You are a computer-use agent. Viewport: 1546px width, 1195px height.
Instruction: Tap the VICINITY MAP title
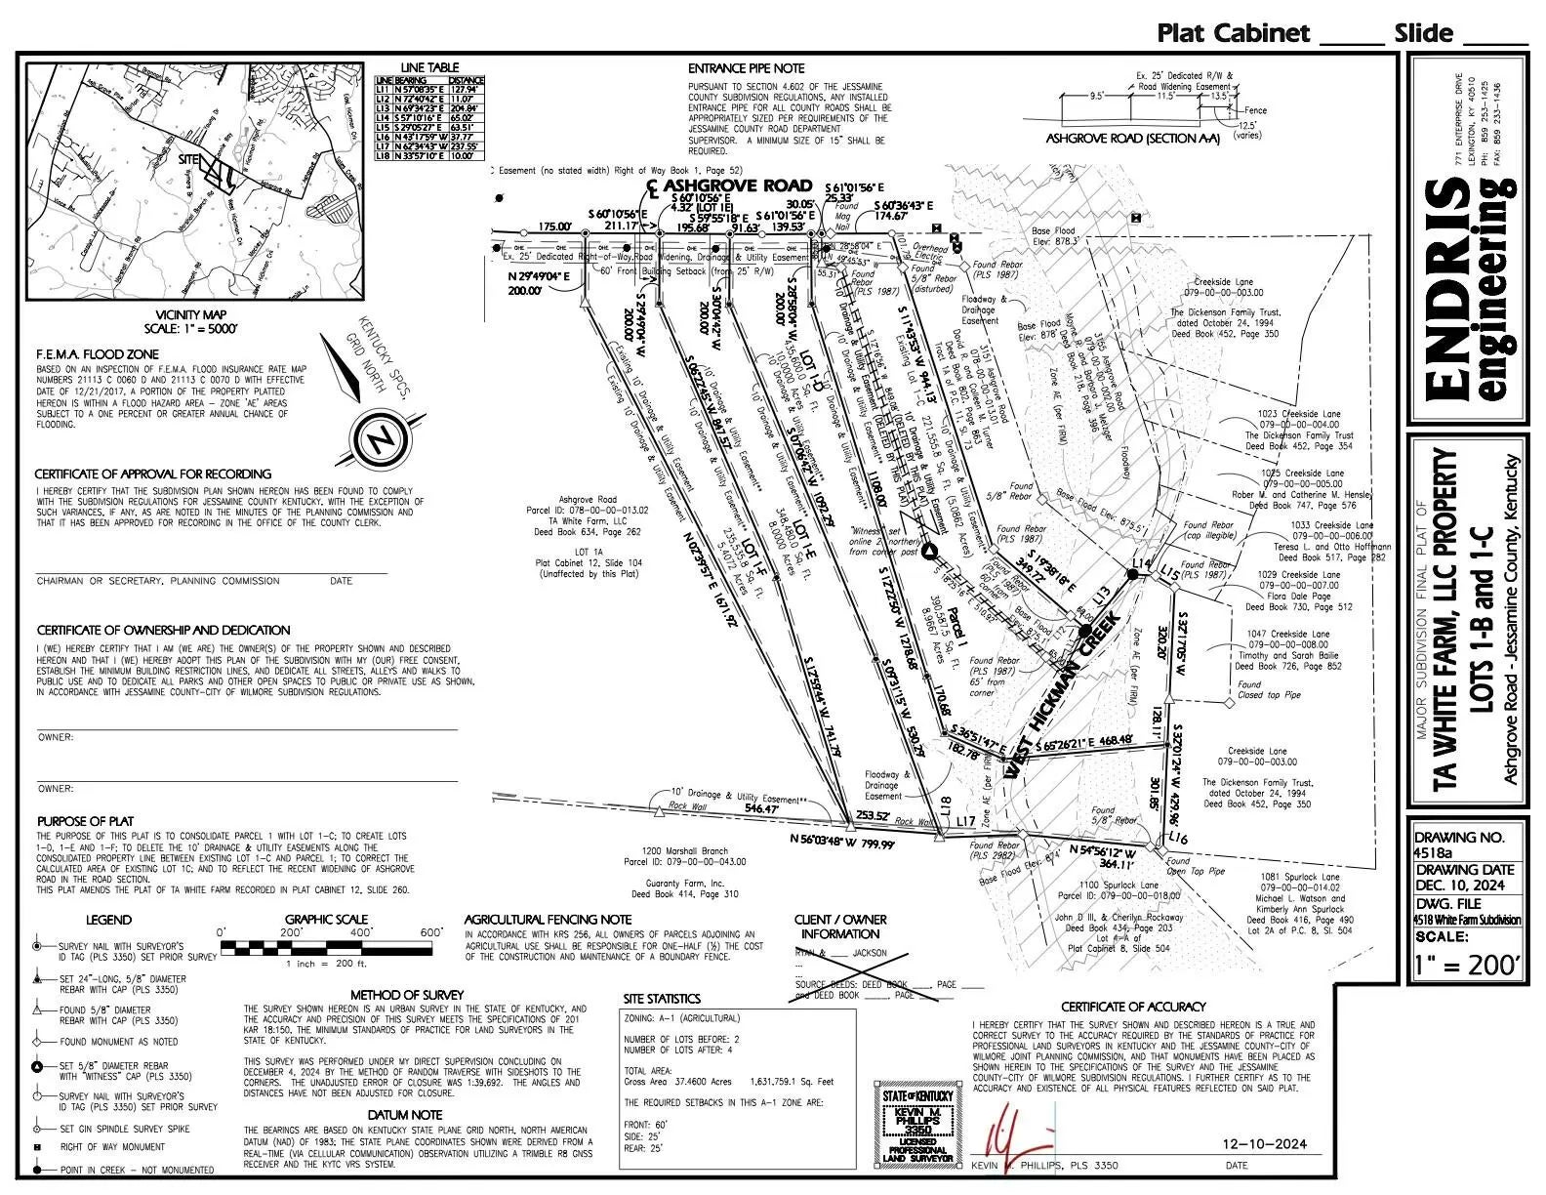(183, 315)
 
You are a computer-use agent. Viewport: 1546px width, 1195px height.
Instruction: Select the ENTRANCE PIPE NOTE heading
(747, 68)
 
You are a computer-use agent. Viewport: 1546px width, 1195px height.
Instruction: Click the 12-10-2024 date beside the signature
(1264, 1144)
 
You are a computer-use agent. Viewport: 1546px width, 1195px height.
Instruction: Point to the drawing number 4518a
(1435, 853)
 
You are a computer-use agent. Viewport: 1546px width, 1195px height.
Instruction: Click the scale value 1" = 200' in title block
(1467, 967)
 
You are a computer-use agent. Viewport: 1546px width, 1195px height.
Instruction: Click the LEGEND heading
(108, 920)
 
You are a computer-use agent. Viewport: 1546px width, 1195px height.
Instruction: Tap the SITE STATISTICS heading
(662, 999)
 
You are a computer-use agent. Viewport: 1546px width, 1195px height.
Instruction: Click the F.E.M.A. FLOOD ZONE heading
(97, 353)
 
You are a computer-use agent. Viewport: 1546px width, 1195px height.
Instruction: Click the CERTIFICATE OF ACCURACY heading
(1133, 1006)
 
